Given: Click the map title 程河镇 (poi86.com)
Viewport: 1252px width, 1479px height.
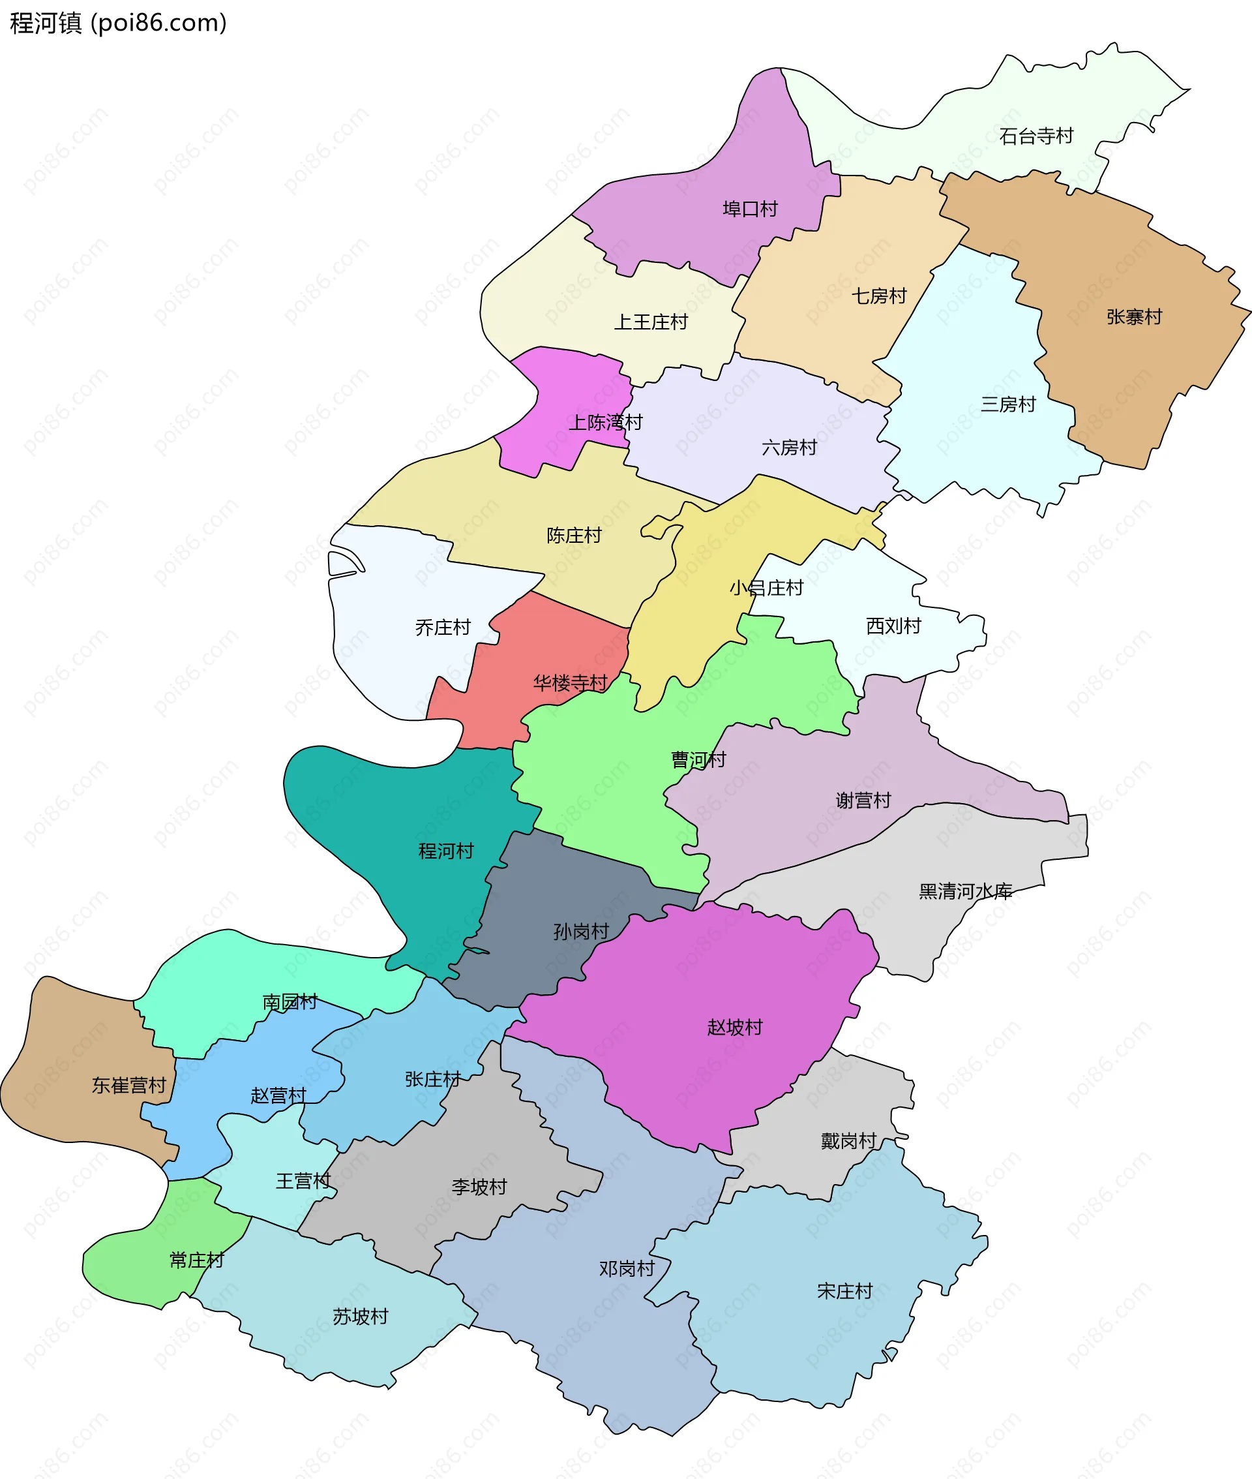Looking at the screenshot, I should [119, 23].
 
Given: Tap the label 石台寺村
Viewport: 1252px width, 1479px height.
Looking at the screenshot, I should [1036, 136].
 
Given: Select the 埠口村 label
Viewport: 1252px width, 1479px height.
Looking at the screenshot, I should [750, 209].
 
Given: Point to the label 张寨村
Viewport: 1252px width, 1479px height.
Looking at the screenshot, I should [1134, 316].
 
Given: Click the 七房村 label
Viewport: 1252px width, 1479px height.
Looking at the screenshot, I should [880, 296].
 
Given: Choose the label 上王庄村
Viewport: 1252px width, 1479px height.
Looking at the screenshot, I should [651, 322].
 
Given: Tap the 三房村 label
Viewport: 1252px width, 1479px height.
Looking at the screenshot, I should [1008, 404].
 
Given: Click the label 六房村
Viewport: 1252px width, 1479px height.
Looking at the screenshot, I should [789, 448].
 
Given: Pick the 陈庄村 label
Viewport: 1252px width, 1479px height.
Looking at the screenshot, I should [574, 535].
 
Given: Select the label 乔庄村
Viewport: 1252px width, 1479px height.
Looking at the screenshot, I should [443, 627].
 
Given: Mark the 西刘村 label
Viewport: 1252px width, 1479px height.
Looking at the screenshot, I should [893, 626].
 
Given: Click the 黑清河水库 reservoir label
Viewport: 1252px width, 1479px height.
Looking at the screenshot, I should [965, 891].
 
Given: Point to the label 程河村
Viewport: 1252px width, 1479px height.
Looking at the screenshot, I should [446, 851].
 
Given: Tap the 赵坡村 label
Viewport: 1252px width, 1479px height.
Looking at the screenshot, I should [735, 1027].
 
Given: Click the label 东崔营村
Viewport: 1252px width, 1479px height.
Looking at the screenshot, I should [128, 1085].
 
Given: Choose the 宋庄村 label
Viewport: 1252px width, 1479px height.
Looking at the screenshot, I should [844, 1291].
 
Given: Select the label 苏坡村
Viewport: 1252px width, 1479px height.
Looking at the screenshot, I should [361, 1317].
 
